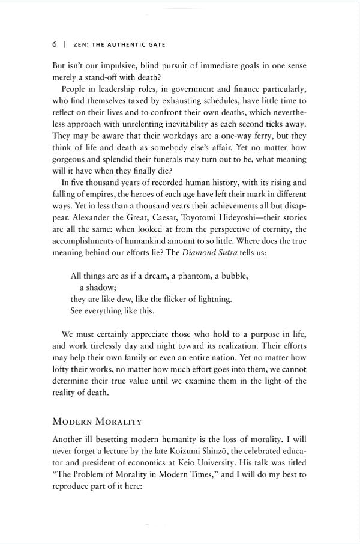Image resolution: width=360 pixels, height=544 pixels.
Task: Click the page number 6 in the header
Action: click(55, 44)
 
